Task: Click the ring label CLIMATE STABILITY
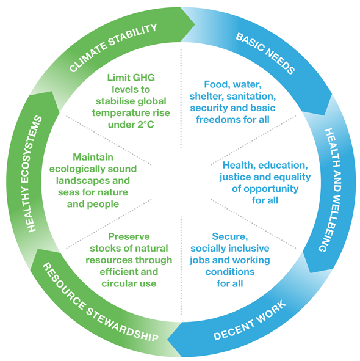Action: (113, 48)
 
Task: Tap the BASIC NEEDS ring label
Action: (265, 53)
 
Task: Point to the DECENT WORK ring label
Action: (250, 320)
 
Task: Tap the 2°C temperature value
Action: (146, 125)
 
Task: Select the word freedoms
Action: (216, 120)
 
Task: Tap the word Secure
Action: (229, 236)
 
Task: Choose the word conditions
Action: (230, 272)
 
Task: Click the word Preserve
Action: (129, 236)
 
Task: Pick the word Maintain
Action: (93, 157)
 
